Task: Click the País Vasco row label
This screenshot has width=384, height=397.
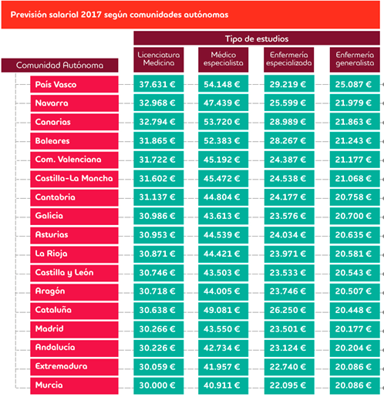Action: pos(74,84)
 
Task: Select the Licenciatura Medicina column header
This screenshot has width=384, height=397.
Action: pos(159,59)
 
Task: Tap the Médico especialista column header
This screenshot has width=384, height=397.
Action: pos(223,59)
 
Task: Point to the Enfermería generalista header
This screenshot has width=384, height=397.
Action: pos(355,59)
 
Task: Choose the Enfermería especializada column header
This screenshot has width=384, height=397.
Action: pos(289,59)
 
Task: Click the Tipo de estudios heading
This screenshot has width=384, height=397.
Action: pos(257,39)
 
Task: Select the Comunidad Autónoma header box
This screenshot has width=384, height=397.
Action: pos(59,66)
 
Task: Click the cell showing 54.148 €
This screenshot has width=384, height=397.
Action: pos(223,84)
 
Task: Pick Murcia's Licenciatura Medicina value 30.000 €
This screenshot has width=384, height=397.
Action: pos(159,385)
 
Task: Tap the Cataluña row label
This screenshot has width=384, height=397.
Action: pos(74,310)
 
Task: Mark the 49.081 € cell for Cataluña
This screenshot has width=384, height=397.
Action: pos(223,310)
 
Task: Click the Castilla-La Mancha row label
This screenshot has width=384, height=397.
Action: pos(74,178)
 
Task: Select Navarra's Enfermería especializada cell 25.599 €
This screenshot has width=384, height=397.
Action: pos(289,103)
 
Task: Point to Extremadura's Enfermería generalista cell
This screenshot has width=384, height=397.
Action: pos(355,366)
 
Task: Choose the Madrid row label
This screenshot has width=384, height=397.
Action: pos(74,329)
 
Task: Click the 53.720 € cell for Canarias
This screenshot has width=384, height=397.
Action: pos(223,122)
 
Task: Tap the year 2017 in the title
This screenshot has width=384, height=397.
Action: pos(91,15)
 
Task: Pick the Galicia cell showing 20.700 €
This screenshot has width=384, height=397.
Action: pos(355,216)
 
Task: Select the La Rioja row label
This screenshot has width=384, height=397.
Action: pos(74,254)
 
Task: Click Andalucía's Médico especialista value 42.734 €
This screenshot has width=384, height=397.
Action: pos(223,348)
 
